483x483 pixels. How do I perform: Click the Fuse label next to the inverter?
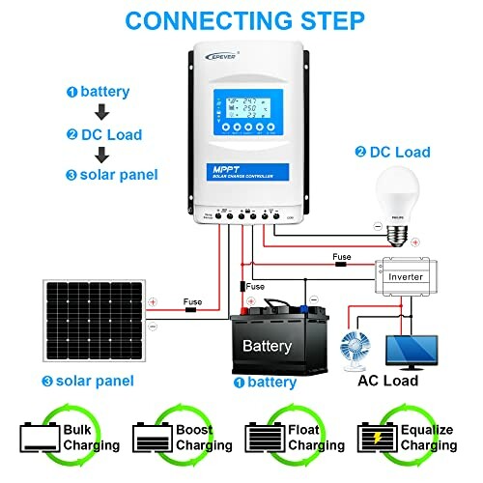[342, 258]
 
